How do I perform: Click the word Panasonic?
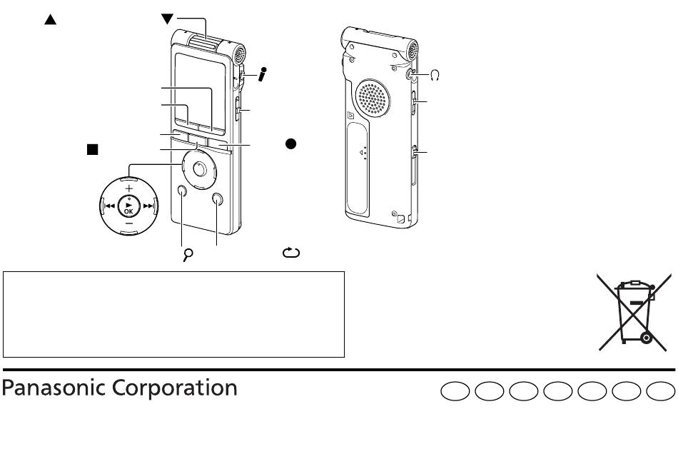55,388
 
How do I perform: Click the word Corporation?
175,388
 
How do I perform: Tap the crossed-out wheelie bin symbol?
634,312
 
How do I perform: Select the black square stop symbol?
93,149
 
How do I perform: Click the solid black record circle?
290,143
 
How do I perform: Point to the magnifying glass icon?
188,255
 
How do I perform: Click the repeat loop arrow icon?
291,253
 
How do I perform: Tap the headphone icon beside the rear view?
435,76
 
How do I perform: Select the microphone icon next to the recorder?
262,74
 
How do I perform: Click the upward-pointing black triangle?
51,19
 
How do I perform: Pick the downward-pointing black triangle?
167,19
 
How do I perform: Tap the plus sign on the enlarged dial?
129,188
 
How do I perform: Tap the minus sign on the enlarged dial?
129,223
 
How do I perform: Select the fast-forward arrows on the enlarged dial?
148,206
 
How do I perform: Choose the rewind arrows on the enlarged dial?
109,206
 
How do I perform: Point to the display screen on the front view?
201,90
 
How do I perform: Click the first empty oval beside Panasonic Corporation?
455,391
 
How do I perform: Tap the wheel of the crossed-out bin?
646,337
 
